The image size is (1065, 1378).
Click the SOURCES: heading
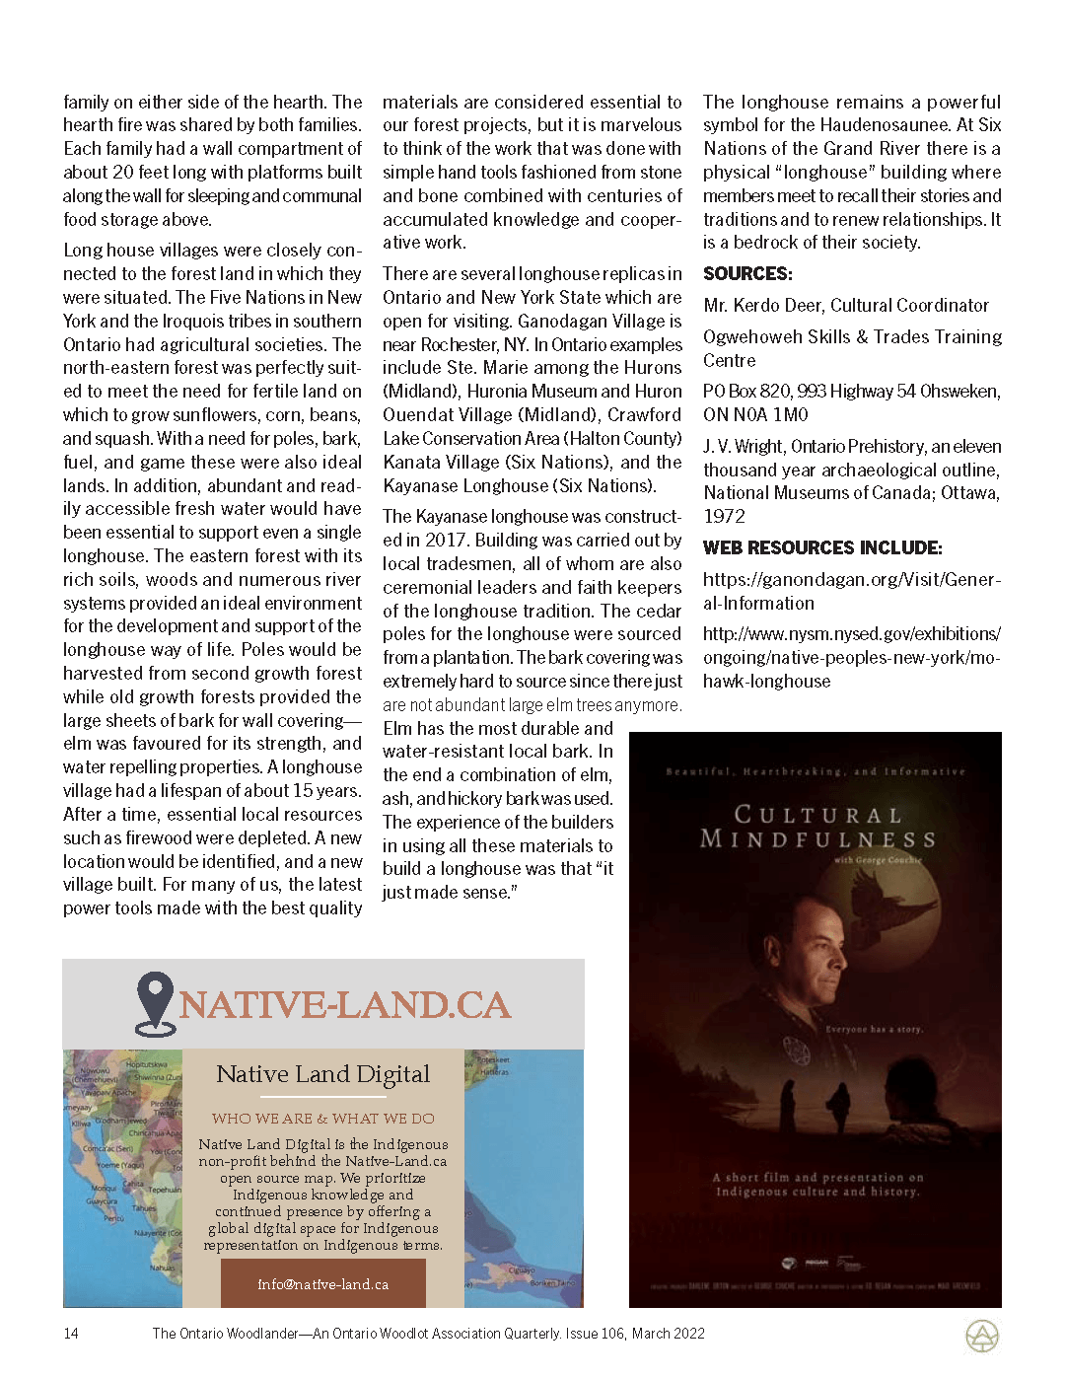point(747,274)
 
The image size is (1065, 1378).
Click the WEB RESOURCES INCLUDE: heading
point(822,548)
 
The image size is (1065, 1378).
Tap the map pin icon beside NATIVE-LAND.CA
point(155,1004)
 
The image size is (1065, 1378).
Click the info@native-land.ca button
point(323,1284)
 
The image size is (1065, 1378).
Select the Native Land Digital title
point(323,1074)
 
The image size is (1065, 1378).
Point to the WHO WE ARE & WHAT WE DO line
point(323,1119)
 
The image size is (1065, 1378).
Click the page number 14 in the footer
point(71,1334)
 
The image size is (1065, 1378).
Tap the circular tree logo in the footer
point(981,1337)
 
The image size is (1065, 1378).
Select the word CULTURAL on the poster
point(818,815)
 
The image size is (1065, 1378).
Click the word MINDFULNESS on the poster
point(818,839)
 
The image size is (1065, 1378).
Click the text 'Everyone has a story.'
point(874,1029)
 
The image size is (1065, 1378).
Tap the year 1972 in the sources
point(724,517)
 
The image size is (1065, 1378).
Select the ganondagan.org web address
point(851,591)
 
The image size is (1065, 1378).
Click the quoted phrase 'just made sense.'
point(450,893)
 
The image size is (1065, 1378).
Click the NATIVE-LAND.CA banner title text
point(344,1005)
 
